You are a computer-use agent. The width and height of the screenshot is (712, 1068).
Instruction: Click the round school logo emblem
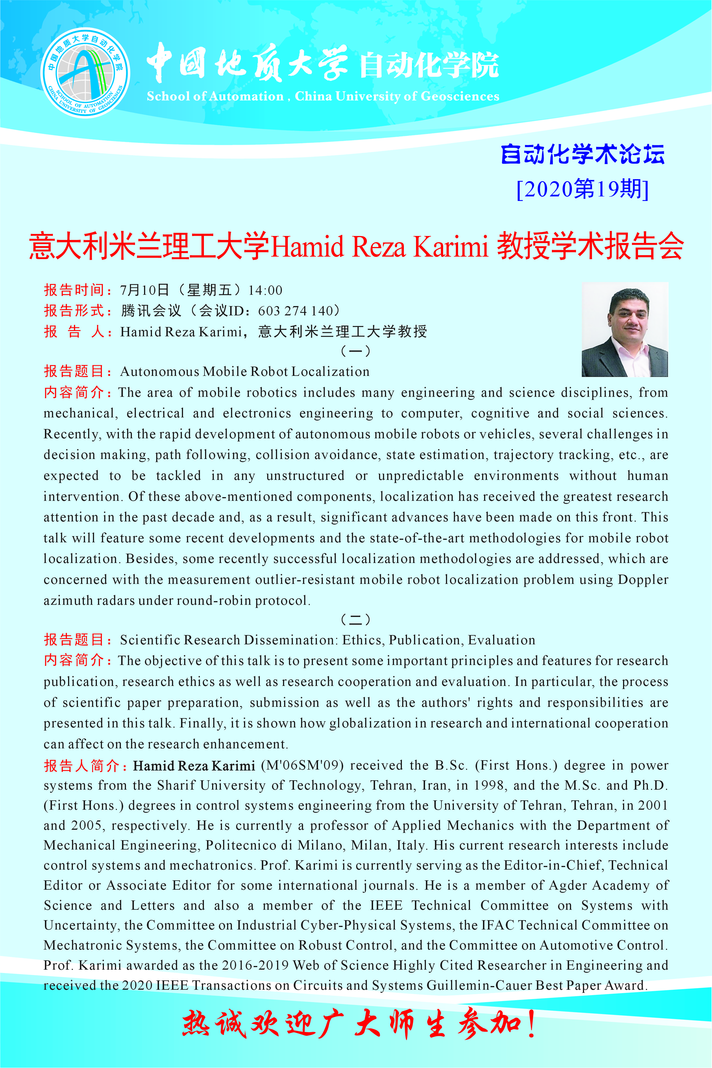point(85,72)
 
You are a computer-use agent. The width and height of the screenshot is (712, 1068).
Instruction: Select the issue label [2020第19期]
point(583,189)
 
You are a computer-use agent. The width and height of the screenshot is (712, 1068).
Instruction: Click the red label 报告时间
point(75,290)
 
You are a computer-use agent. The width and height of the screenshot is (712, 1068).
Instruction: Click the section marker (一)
point(356,351)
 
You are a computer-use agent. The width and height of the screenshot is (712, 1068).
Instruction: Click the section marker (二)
point(356,619)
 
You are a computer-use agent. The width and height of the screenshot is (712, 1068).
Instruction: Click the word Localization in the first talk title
point(330,372)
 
